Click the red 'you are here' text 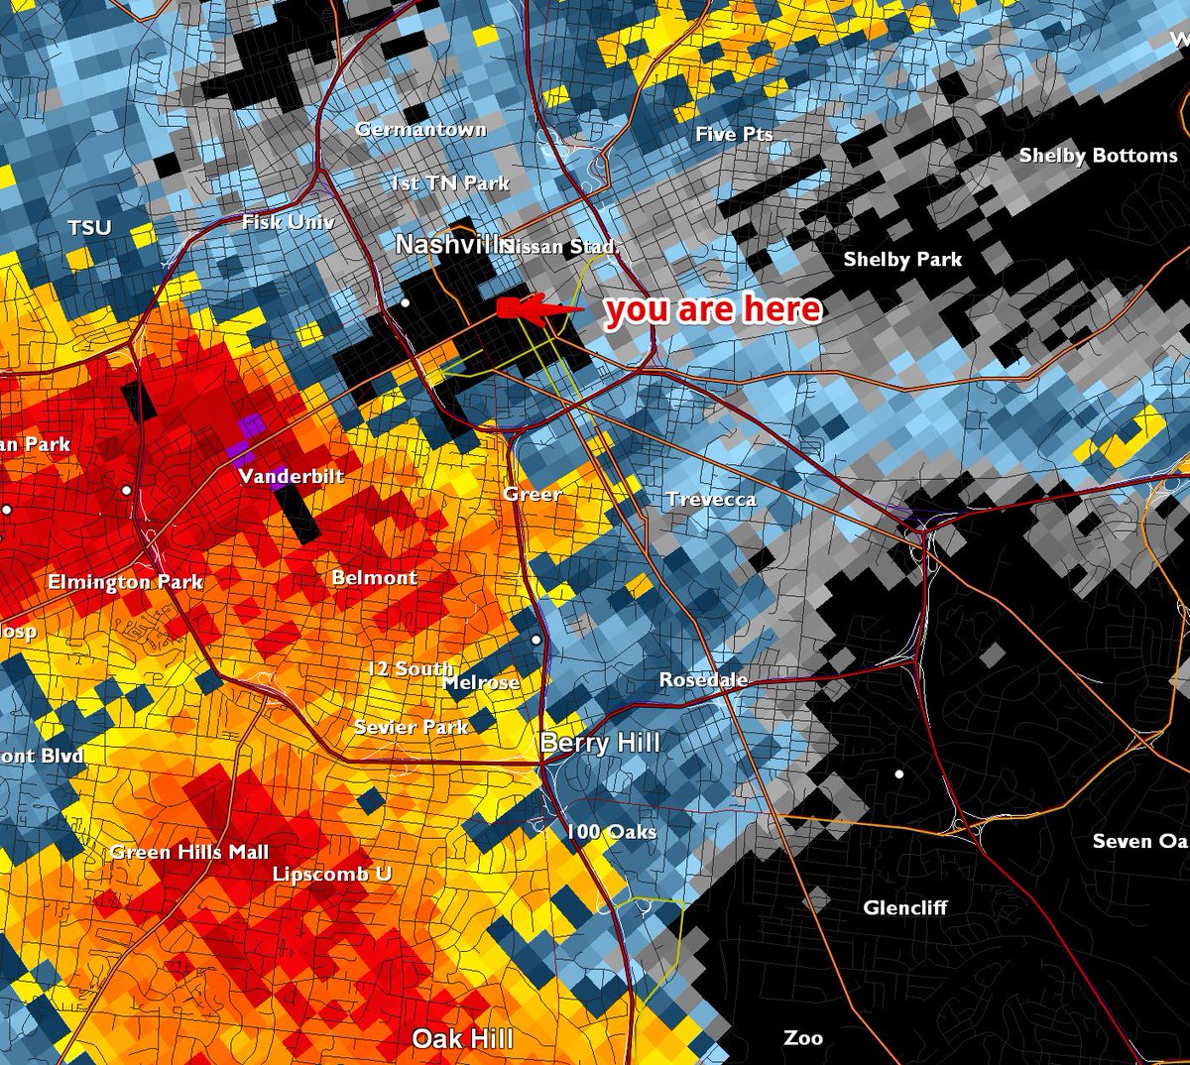pos(713,310)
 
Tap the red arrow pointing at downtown pos(536,308)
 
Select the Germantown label pos(420,129)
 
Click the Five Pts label pos(734,134)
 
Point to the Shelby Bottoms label pos(1098,156)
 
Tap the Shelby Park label pos(902,260)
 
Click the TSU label pos(89,228)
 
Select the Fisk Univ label pos(288,222)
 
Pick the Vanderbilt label pos(292,477)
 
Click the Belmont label pos(374,577)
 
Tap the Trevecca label pos(711,500)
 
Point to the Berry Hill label pos(600,743)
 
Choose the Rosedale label pos(703,680)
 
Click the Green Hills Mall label pos(189,852)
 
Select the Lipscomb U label pos(332,874)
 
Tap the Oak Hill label pos(463,1038)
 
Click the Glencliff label pos(904,907)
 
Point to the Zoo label pos(802,1038)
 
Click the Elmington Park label pos(125,582)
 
